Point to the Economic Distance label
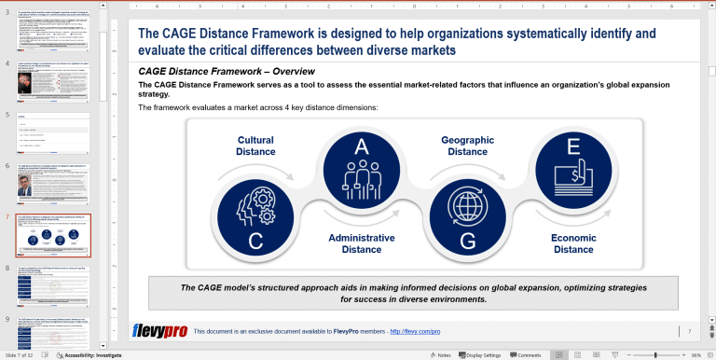[573, 243]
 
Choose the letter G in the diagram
[467, 242]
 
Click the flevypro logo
[162, 331]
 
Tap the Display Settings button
[481, 355]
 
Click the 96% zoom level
[695, 355]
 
